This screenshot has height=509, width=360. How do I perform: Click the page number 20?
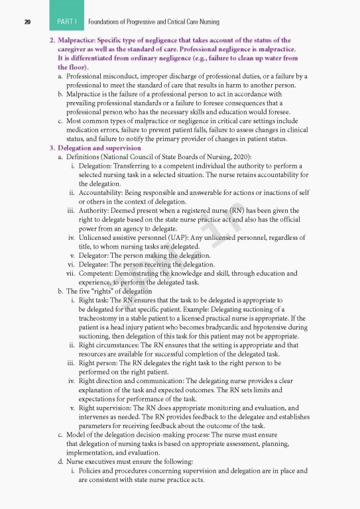(x=27, y=23)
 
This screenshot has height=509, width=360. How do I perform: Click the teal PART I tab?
(x=66, y=22)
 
